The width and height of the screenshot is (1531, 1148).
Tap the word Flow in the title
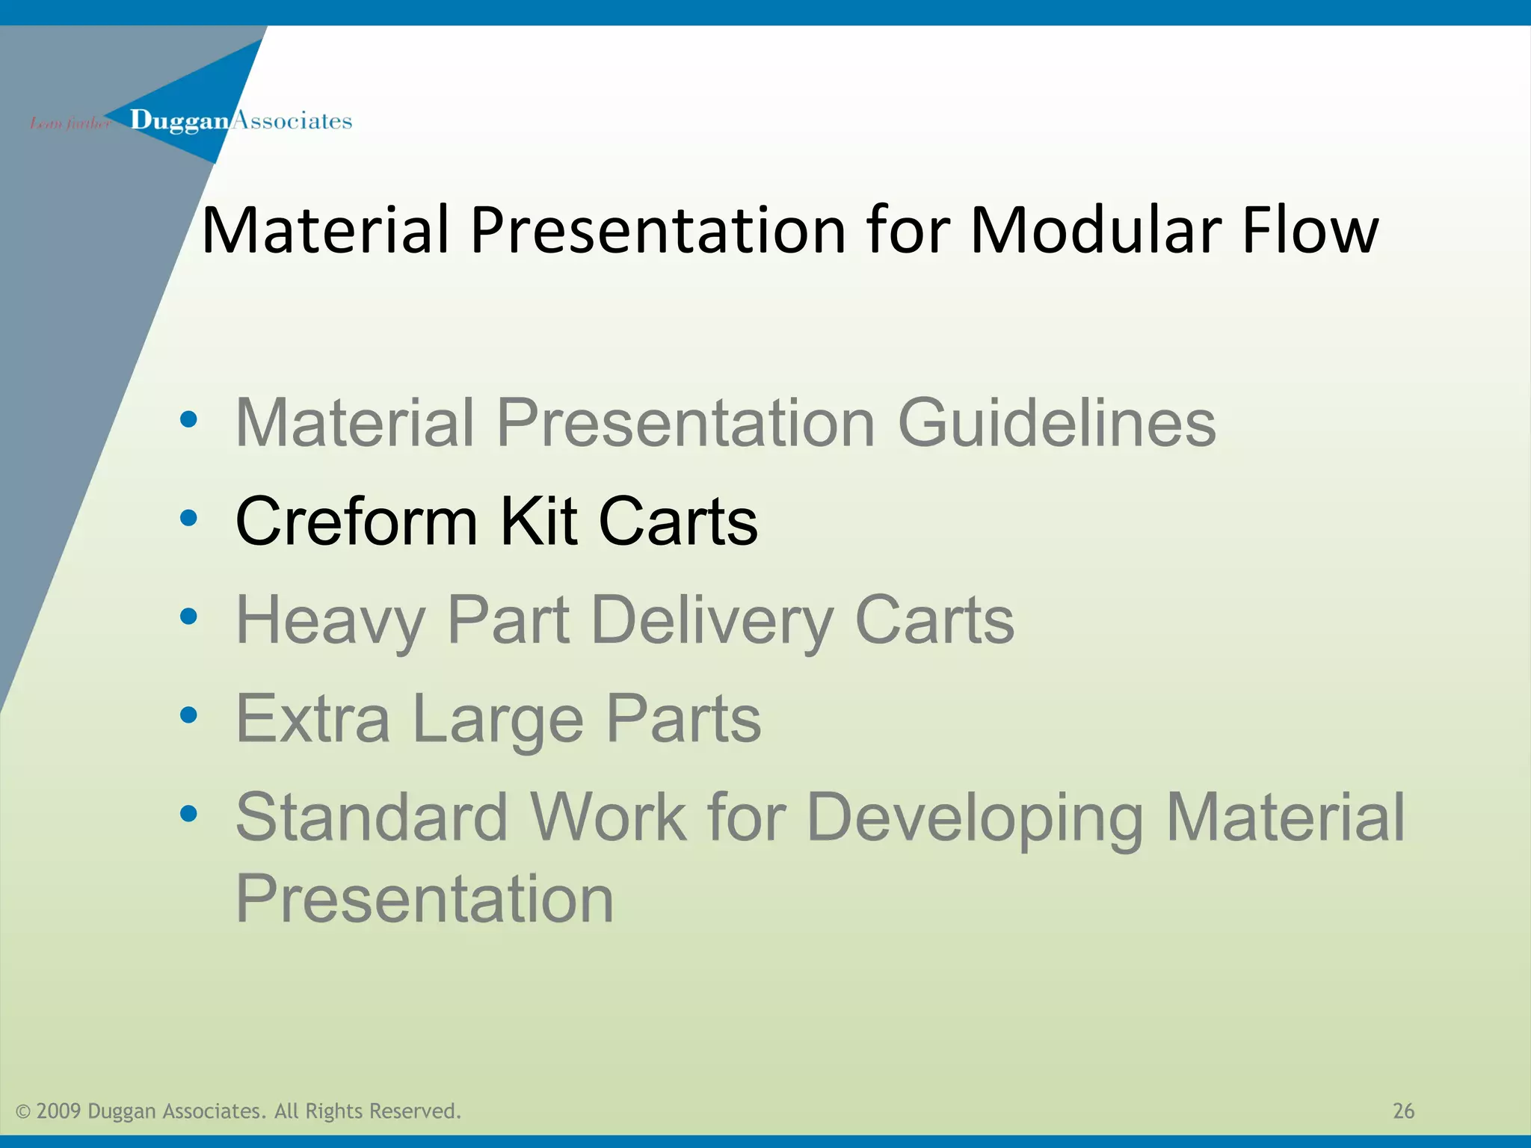tap(1310, 230)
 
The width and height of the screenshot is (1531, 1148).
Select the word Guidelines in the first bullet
tap(1056, 423)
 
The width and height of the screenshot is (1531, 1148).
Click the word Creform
tap(356, 522)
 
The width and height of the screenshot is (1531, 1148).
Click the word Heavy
tap(330, 620)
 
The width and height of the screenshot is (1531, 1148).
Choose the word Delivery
tap(712, 620)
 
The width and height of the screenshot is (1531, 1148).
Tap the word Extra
tap(312, 719)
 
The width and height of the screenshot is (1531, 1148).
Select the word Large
tap(497, 719)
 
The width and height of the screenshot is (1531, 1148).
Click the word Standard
tap(372, 818)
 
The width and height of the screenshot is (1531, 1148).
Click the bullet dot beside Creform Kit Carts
tap(188, 518)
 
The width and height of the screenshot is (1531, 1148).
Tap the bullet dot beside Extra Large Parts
tap(188, 715)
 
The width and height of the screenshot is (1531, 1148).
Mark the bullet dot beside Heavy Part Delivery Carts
tap(188, 617)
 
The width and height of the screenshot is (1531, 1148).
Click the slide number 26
tap(1403, 1111)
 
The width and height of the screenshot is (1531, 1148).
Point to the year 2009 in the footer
tap(58, 1111)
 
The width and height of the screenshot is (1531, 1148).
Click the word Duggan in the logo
tap(179, 120)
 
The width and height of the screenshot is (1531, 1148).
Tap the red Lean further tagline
tap(70, 123)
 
